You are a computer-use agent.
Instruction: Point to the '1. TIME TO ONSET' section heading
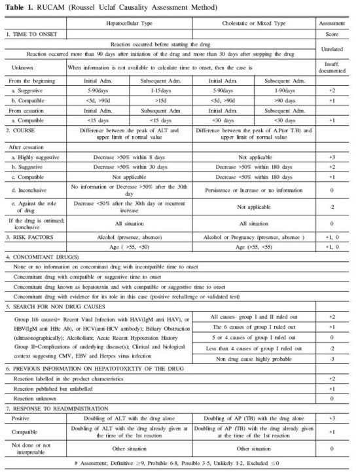click(30, 33)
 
